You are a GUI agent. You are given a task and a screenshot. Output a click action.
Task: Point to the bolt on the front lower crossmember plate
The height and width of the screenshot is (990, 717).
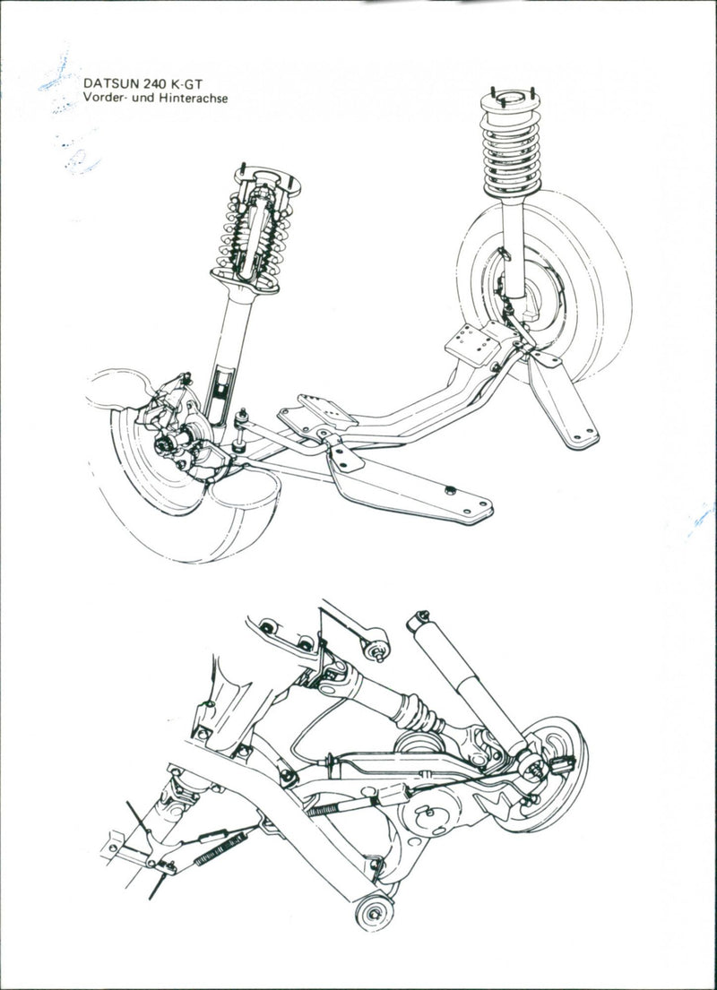(x=451, y=489)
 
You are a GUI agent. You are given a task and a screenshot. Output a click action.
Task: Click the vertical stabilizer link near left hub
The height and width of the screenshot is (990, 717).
(x=241, y=430)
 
